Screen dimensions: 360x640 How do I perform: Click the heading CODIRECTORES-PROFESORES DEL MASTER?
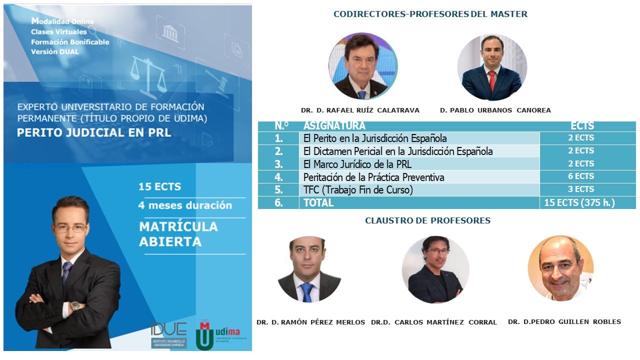430,14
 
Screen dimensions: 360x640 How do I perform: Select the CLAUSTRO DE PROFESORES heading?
427,220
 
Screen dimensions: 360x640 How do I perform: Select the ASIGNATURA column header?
334,126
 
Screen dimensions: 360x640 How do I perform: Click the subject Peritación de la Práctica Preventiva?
373,177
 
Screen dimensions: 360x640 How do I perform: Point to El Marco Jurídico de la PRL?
357,164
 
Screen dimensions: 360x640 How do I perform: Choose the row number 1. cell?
278,138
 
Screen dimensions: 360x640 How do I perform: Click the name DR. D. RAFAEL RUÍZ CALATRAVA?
360,110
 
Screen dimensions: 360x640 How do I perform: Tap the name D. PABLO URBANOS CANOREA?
495,110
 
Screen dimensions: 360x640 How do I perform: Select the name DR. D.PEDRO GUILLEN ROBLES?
564,322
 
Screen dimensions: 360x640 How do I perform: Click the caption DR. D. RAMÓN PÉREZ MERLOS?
310,322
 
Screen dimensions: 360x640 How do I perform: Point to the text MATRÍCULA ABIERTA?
178,234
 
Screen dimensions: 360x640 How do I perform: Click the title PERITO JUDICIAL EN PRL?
94,133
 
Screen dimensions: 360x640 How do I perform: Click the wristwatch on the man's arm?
74,305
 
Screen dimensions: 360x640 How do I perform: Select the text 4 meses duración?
185,205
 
